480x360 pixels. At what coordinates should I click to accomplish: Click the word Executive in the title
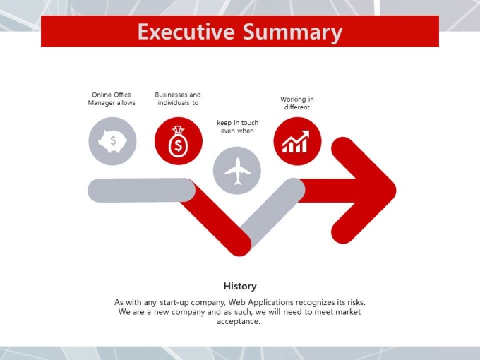186,31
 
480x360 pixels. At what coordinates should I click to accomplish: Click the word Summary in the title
293,32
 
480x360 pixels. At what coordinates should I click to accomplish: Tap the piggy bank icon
112,141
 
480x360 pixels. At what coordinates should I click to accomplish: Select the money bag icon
178,142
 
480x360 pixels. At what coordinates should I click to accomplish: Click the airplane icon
237,171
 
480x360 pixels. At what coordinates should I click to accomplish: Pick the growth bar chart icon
296,142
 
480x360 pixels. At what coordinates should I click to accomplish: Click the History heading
240,286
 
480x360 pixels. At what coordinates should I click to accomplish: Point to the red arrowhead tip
396,190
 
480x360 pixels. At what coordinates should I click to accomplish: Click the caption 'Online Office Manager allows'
112,99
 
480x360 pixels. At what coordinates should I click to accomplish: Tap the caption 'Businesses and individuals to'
178,99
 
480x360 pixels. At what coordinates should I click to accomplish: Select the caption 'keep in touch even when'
238,127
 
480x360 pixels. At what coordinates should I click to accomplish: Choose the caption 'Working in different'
297,103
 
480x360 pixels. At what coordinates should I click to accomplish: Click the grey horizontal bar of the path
141,190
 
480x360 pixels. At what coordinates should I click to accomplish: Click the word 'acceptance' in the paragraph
237,322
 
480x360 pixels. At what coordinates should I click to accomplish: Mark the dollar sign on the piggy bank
113,140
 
